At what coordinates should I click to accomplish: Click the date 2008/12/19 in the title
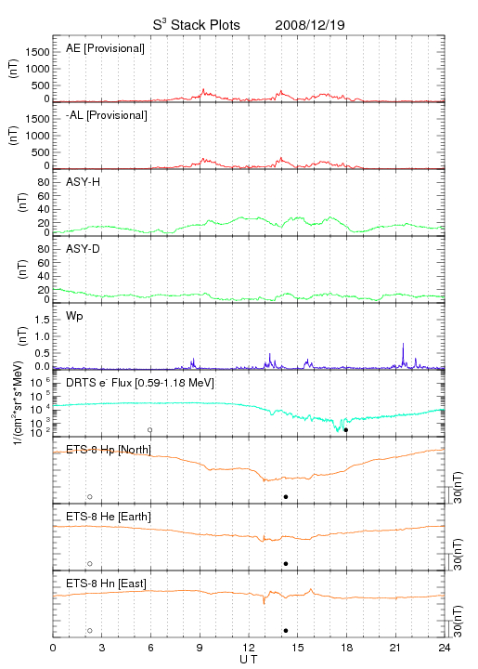310,25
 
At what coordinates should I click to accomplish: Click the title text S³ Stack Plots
197,25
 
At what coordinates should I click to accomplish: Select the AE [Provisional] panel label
105,48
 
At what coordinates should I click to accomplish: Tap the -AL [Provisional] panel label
107,115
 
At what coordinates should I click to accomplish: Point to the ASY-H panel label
84,182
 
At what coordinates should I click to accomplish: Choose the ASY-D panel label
84,249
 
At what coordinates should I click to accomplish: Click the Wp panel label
74,316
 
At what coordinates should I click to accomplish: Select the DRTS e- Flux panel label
140,383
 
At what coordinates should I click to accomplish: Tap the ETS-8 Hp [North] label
109,450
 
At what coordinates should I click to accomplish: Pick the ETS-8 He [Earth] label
109,517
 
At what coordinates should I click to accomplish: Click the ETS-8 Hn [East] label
106,584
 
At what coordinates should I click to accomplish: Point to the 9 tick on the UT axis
200,648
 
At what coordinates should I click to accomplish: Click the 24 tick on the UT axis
444,648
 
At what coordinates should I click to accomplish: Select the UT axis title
249,660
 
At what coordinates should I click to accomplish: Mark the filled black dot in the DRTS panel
346,430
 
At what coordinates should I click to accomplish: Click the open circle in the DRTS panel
150,430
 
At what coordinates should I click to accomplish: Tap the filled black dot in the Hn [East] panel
286,631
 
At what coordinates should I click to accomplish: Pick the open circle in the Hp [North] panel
90,496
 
